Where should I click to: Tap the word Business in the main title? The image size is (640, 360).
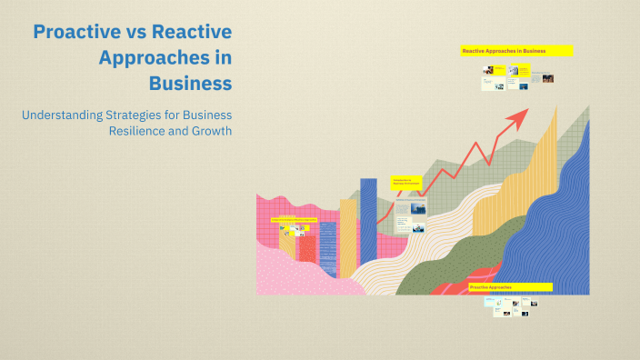coord(191,83)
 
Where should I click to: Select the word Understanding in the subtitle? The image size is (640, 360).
coord(61,115)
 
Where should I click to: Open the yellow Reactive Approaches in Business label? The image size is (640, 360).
coord(516,51)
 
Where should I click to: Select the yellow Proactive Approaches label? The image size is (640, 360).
coord(510,287)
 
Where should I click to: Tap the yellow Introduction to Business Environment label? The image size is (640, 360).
coord(406,182)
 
